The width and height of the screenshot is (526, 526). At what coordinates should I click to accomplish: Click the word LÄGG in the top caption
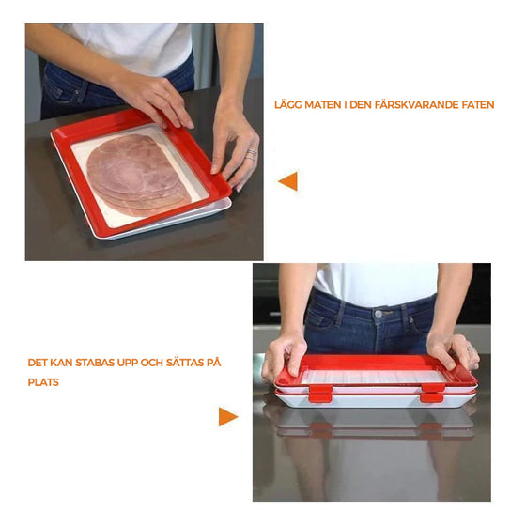(x=288, y=105)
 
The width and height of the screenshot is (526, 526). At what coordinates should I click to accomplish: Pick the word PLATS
(x=42, y=382)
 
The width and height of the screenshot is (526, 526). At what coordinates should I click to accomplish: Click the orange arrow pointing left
(x=288, y=181)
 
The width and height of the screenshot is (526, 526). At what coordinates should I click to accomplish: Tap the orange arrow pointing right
(x=227, y=416)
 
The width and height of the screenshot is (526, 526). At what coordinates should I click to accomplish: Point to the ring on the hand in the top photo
(x=251, y=154)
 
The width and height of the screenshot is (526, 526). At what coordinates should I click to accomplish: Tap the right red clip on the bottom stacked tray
(x=431, y=396)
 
